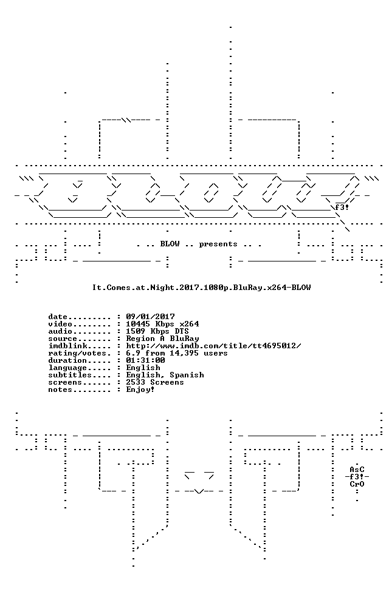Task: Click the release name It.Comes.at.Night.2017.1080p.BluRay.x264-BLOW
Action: pos(201,288)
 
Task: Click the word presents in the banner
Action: pos(218,244)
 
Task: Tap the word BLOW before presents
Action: pos(170,244)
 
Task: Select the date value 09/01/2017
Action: pos(151,316)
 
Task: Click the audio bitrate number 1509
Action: pos(136,331)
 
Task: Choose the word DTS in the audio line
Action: pos(182,331)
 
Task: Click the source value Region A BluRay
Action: pos(163,339)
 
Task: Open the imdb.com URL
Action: pos(214,346)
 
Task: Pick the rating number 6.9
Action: pos(134,353)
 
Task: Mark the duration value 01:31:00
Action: pos(146,360)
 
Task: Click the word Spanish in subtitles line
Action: pos(187,375)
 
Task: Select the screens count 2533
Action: pos(136,382)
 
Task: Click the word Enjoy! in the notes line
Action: pos(141,390)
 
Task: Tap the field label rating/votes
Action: pos(77,353)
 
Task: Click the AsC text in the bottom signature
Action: pos(357,470)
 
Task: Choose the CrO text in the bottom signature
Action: pos(357,484)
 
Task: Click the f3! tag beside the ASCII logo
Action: pos(342,207)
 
